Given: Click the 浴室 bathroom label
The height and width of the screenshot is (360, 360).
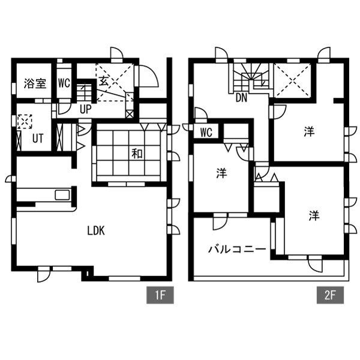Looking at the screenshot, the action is tap(35, 83).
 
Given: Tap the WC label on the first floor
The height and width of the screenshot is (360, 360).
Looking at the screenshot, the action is tap(64, 83).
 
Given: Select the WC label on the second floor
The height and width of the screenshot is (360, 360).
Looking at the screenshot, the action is tap(206, 133).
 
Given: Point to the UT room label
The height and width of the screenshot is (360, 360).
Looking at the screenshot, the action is tap(38, 139).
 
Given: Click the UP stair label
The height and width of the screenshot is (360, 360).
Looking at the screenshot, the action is tap(86, 109).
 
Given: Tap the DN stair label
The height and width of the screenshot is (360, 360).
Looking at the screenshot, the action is tap(242, 98).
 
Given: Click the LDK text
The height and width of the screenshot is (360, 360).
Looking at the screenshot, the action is tap(96, 231).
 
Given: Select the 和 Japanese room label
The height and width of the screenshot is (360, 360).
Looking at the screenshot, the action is tap(137, 154).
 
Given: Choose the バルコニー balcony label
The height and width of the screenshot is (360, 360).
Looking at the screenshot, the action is tap(237, 249).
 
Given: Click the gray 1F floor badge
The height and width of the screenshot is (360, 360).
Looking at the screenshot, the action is tap(160, 295).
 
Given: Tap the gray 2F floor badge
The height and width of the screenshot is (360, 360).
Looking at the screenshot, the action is tap(330, 295).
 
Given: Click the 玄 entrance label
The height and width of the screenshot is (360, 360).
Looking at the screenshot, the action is tap(104, 81).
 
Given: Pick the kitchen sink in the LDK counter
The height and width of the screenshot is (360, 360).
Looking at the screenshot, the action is tap(62, 195).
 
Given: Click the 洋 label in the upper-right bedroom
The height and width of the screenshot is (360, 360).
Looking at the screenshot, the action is tap(309, 131).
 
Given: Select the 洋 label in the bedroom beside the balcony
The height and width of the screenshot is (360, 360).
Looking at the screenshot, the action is tap(314, 215).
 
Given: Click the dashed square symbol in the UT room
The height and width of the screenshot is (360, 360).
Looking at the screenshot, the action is tap(25, 121).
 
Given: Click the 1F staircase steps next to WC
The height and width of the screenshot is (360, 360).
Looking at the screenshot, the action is tap(84, 93).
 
